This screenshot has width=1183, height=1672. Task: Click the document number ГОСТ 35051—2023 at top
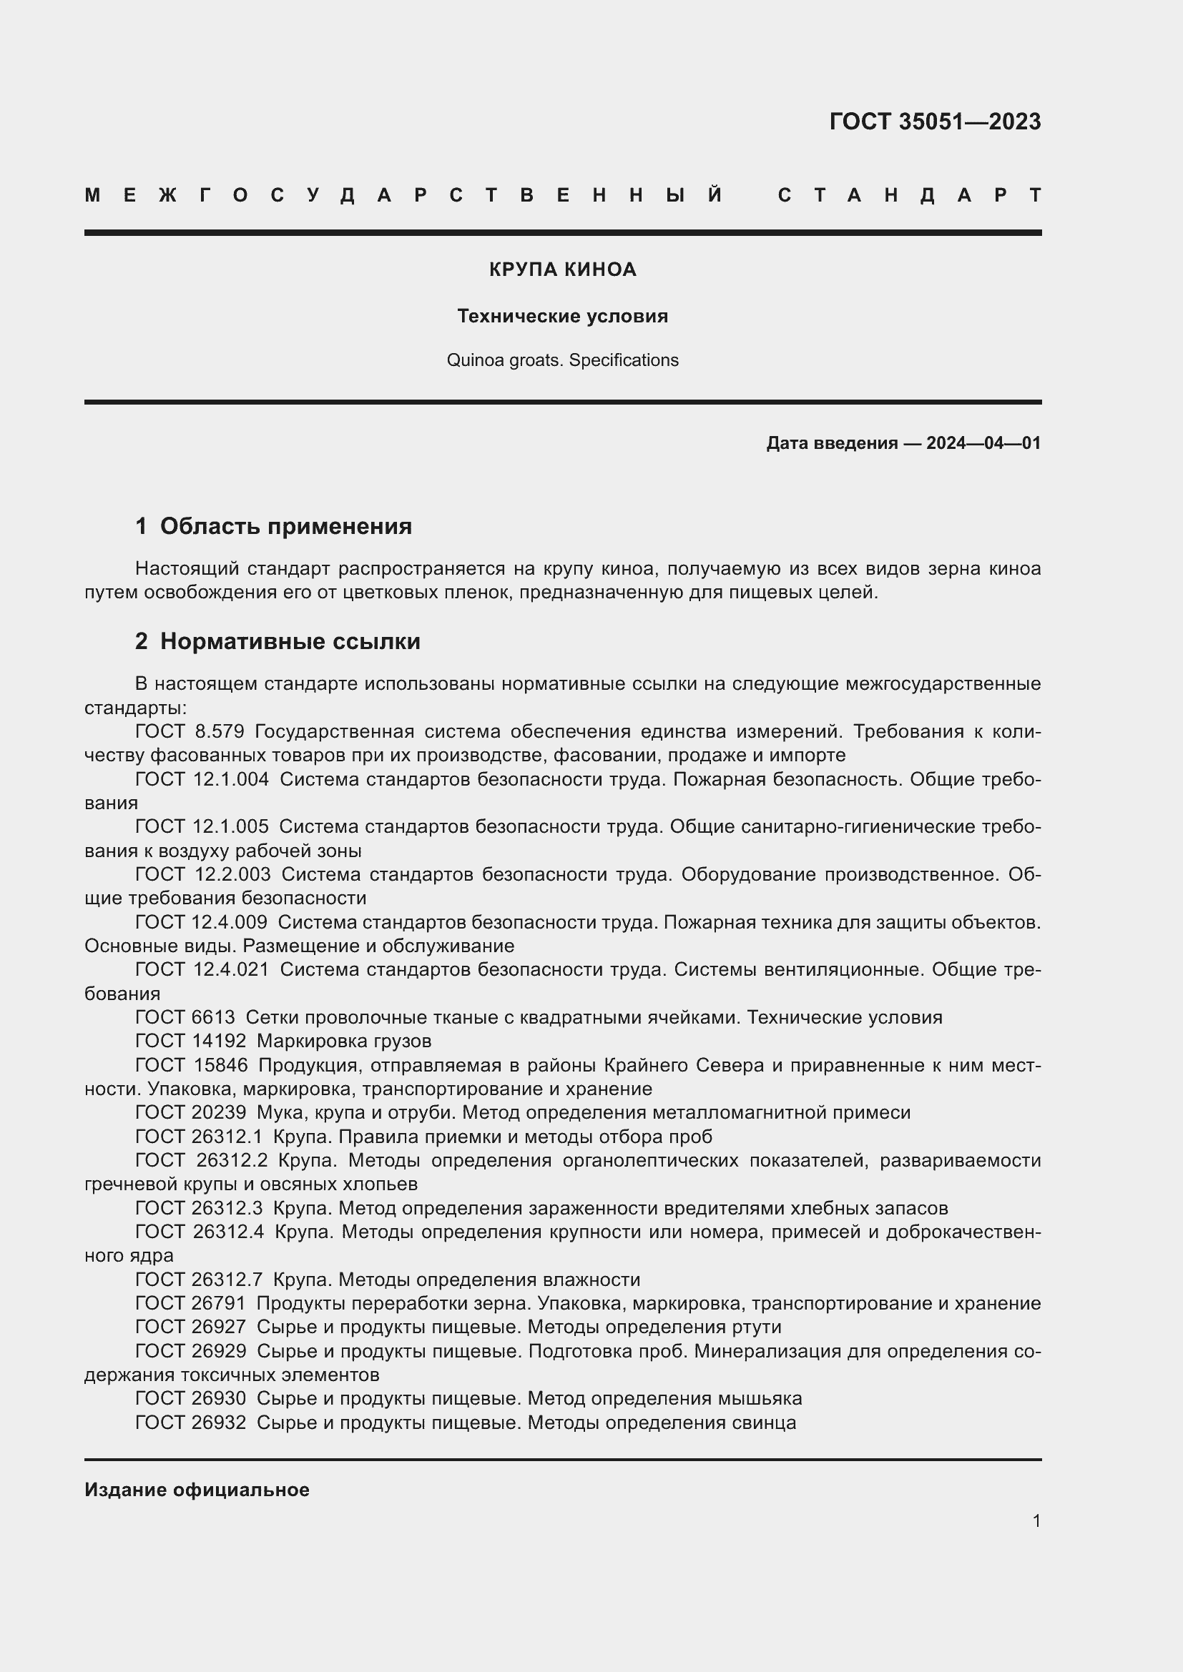pyautogui.click(x=935, y=122)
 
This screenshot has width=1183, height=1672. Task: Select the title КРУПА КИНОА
pyautogui.click(x=562, y=269)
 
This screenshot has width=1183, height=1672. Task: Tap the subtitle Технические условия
pyautogui.click(x=562, y=316)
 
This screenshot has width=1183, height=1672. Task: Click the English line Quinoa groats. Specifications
pyautogui.click(x=562, y=360)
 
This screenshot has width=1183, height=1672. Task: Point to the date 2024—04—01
pyautogui.click(x=983, y=442)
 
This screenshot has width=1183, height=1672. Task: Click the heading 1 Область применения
pyautogui.click(x=273, y=526)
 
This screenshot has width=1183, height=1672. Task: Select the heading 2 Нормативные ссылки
pyautogui.click(x=278, y=640)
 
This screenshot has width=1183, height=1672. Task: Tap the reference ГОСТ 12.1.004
pyautogui.click(x=202, y=779)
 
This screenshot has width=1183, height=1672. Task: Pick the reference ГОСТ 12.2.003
pyautogui.click(x=202, y=874)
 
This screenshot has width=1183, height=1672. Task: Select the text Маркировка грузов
pyautogui.click(x=344, y=1041)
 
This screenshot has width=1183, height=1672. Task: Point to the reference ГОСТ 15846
pyautogui.click(x=191, y=1064)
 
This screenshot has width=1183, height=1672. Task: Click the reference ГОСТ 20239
pyautogui.click(x=191, y=1112)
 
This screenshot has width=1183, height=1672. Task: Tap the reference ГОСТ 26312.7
pyautogui.click(x=199, y=1280)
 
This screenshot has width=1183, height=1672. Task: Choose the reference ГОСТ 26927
pyautogui.click(x=191, y=1327)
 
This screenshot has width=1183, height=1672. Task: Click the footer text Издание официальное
pyautogui.click(x=197, y=1490)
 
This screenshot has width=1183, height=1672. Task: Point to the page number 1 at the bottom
pyautogui.click(x=1036, y=1520)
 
